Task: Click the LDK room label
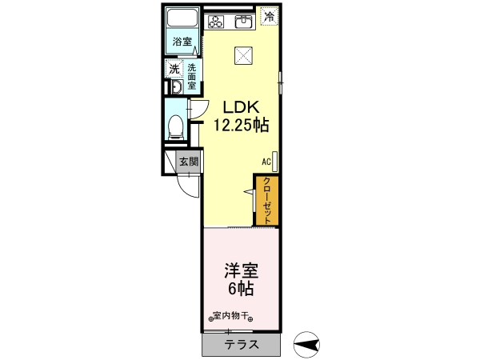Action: tap(241, 107)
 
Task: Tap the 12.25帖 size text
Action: tap(241, 125)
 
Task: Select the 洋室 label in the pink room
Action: tap(242, 270)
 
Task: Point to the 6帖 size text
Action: tap(241, 288)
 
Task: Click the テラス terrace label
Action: tap(242, 345)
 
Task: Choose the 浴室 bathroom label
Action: tap(182, 42)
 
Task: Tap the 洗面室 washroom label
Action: tap(192, 76)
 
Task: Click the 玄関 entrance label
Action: tap(189, 162)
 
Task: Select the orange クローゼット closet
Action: tap(267, 201)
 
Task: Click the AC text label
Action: tap(266, 162)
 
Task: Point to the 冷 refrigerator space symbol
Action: tap(270, 16)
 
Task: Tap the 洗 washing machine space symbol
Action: tap(174, 69)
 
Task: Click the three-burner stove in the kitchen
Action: tap(216, 22)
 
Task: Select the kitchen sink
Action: tap(244, 22)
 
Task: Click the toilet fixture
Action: tap(175, 127)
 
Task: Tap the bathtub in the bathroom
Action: tap(182, 18)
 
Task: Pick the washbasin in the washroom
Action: tap(177, 87)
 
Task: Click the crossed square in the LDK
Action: tap(243, 56)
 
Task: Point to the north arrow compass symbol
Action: tap(306, 345)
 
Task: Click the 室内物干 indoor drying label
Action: tap(230, 316)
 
